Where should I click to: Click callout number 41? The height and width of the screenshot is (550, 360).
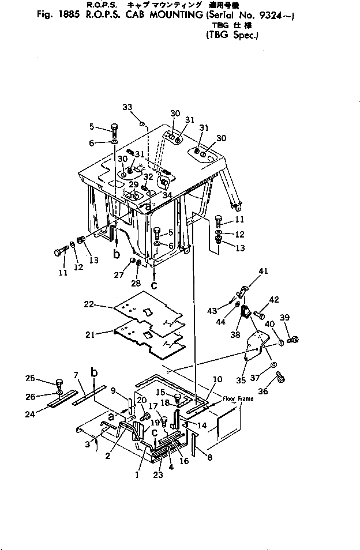264,270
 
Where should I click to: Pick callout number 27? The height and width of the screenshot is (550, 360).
120,275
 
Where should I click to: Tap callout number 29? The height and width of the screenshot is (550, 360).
133,184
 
